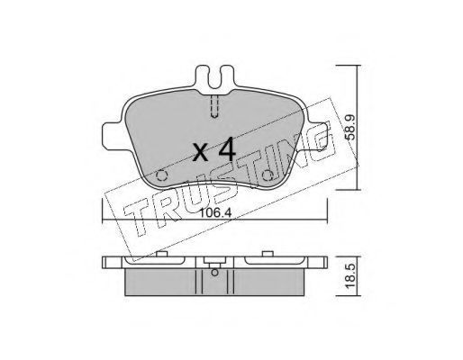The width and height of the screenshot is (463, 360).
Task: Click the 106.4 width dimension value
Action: (x=215, y=213)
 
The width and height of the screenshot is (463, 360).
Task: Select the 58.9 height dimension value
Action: (x=350, y=128)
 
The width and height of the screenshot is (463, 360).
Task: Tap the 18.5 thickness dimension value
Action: (x=350, y=276)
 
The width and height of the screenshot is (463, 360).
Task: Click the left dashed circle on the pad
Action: (x=162, y=175)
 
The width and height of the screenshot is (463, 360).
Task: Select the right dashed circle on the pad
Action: (x=268, y=175)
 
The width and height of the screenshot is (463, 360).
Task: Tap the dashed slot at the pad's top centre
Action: (x=214, y=106)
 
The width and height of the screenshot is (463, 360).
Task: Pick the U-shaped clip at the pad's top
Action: (x=214, y=77)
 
